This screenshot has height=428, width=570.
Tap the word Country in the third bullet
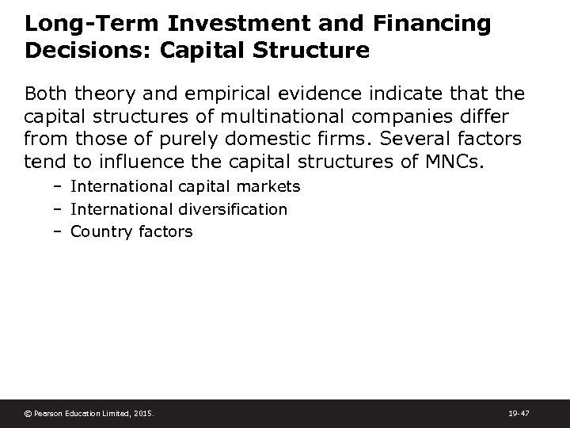[97, 232]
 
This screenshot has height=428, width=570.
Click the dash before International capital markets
[59, 186]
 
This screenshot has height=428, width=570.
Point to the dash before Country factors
[59, 232]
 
